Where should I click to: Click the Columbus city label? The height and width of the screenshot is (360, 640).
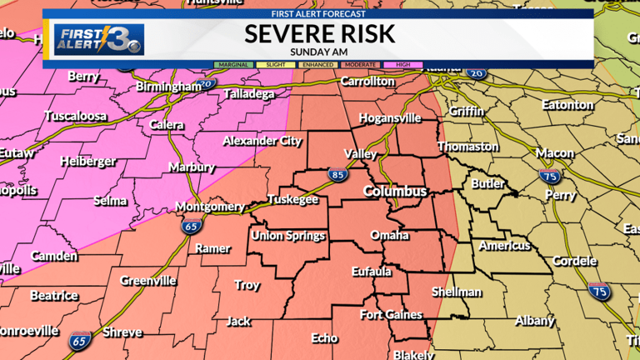395,192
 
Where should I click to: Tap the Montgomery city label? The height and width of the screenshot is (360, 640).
210,207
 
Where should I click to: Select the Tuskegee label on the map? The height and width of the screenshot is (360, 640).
292,200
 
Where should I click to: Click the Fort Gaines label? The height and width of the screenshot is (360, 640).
391,314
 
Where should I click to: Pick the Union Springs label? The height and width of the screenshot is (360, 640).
288,236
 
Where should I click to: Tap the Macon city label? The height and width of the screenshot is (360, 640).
554,153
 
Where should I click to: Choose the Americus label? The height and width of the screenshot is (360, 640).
504,246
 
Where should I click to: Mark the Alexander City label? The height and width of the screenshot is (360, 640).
262,141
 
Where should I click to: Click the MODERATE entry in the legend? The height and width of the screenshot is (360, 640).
360,64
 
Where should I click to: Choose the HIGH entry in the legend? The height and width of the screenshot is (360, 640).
402,64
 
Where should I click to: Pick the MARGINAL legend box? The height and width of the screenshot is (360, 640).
234,64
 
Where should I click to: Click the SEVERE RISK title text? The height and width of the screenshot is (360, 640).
319,34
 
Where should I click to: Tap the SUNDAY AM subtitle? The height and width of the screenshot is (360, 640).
319,52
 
